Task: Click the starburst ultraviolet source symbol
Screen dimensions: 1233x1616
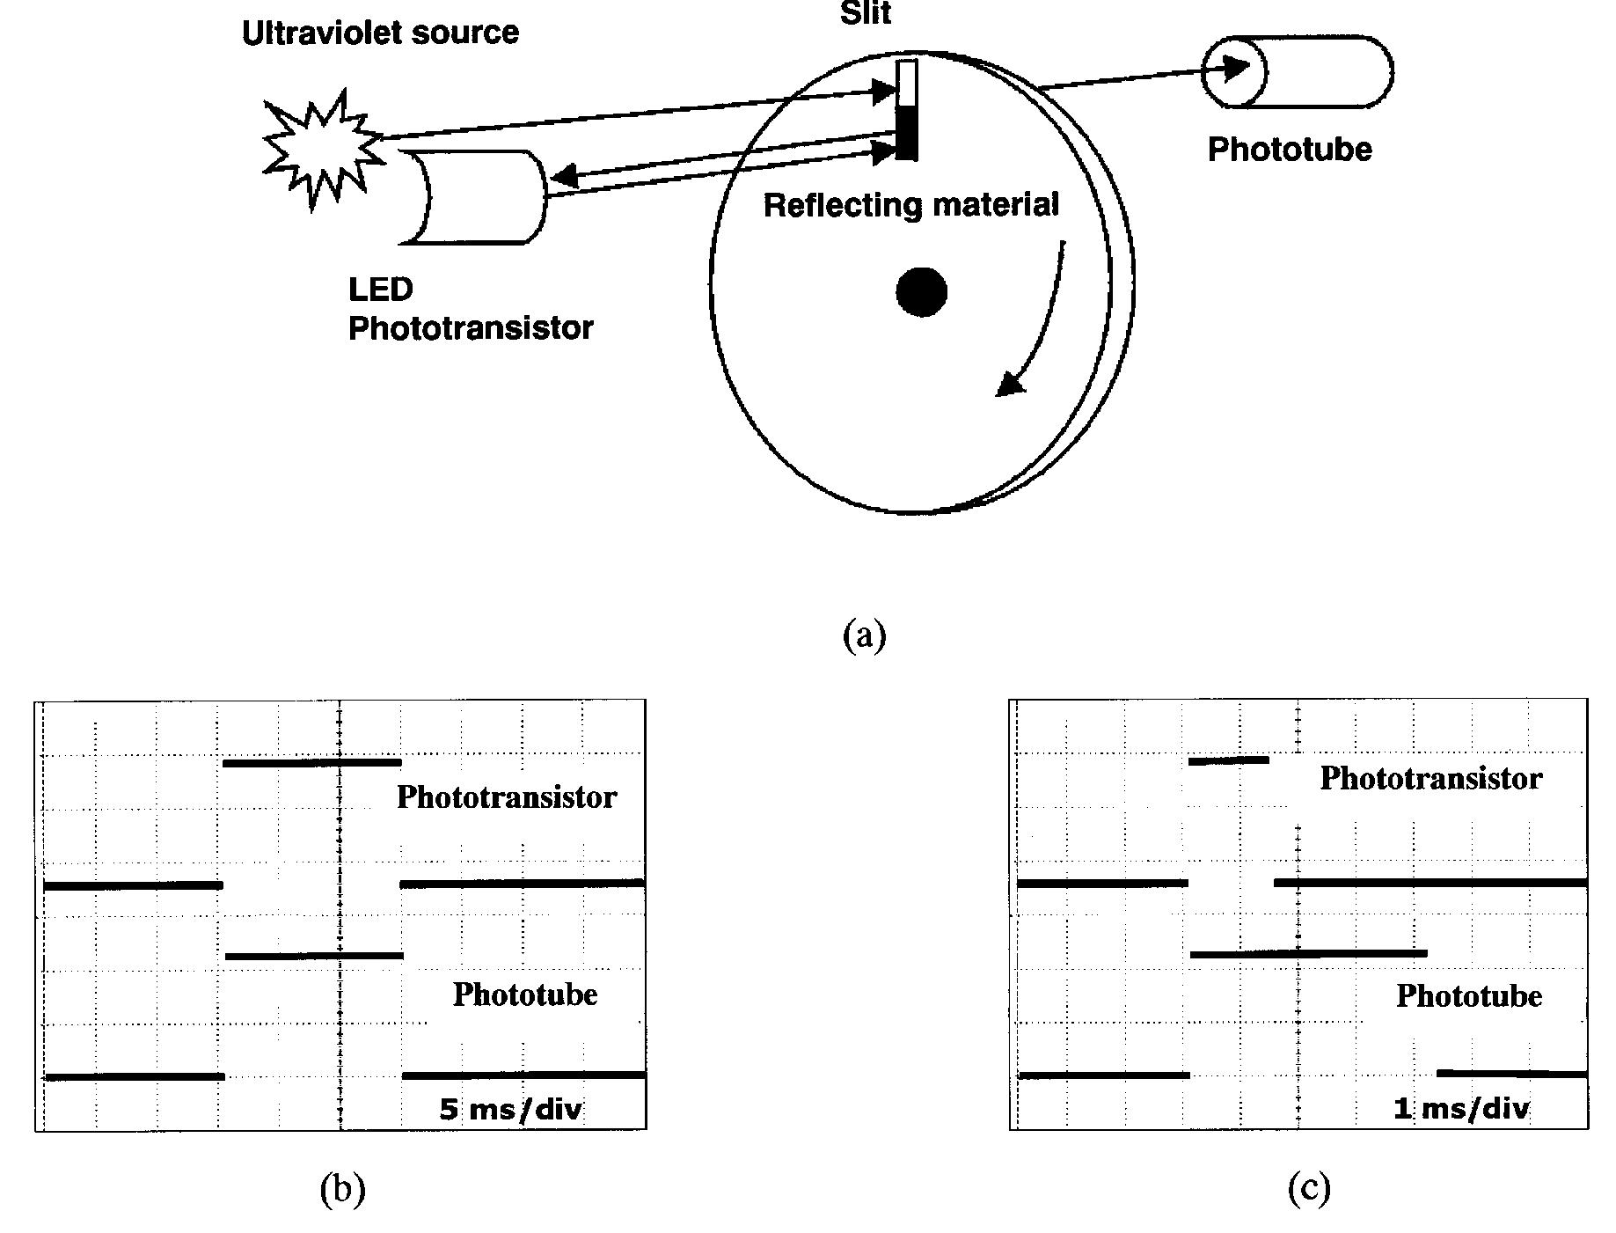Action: [322, 150]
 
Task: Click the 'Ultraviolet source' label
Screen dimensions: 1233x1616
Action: [380, 33]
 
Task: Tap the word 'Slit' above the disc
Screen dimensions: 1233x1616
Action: [866, 13]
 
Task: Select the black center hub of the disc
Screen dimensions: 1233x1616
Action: [921, 292]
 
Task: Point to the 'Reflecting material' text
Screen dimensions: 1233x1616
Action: [910, 205]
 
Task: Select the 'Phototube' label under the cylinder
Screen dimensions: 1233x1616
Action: [1290, 150]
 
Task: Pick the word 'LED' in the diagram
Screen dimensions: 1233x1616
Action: [380, 290]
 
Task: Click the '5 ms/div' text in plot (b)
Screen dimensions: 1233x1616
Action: [510, 1109]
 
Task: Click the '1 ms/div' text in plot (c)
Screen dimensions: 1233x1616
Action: [1461, 1108]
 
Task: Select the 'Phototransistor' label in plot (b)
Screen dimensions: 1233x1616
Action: [507, 797]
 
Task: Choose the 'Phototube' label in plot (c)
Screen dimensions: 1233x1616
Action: [1468, 996]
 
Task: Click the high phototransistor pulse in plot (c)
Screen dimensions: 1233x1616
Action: [1228, 760]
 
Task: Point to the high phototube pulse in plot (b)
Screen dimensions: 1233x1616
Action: [314, 956]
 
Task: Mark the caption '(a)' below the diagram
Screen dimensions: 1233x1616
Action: [864, 635]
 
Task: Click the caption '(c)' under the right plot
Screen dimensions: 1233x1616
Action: [1308, 1188]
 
